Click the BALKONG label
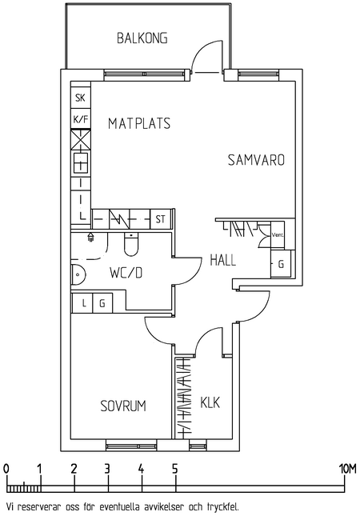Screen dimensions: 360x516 coord(142,38)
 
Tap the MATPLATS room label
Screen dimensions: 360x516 coord(139,123)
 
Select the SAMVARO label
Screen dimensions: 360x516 coord(256,160)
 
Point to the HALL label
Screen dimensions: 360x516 coord(223,260)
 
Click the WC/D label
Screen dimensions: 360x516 coord(126,273)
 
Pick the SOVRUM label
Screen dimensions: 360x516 coord(123,406)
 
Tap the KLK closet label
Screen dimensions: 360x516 coord(210,402)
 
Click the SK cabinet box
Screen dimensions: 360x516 coord(80,98)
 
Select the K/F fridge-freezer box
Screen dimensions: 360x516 coord(81,119)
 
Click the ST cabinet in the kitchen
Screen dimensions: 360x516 coord(160,219)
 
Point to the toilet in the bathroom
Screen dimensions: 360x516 coord(132,243)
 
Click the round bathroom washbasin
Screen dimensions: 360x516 coord(78,274)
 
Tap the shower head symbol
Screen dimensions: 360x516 coord(90,237)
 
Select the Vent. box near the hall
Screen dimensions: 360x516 coord(278,234)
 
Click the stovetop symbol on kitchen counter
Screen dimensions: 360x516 coord(81,163)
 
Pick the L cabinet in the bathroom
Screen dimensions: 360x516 coord(82,302)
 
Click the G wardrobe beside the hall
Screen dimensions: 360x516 coord(281,263)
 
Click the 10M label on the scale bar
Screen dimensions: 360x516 coord(347,469)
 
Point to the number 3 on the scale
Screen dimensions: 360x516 coord(107,469)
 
